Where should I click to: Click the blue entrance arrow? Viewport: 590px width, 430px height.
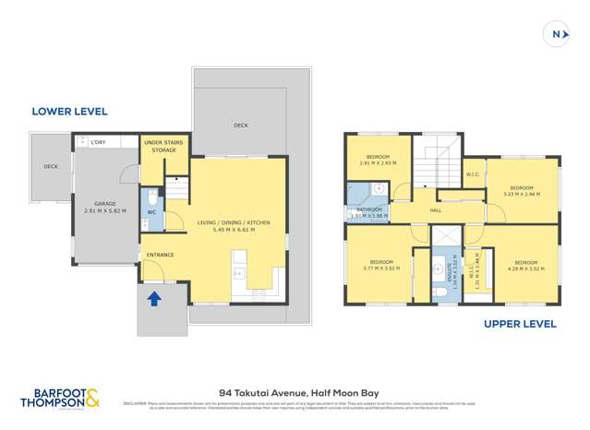(154, 297)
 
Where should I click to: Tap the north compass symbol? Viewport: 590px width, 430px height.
(557, 34)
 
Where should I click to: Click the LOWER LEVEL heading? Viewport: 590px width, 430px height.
(69, 112)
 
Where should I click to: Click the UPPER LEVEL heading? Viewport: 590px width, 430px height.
(521, 324)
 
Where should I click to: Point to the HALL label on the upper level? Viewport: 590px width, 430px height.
(435, 210)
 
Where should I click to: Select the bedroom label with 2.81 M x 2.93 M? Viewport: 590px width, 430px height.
(377, 161)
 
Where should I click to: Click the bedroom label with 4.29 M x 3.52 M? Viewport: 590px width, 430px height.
(524, 266)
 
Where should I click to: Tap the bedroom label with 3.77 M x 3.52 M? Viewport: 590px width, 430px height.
(381, 266)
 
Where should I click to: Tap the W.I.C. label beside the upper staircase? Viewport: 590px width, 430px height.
(472, 174)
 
